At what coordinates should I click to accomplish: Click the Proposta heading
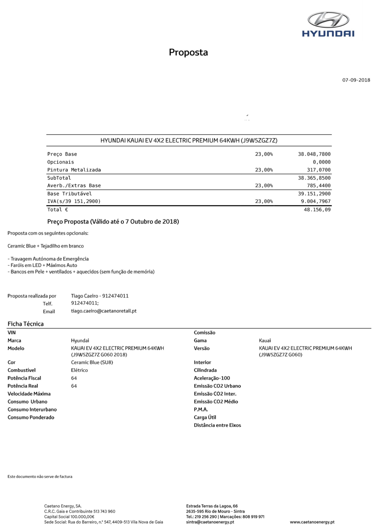coord(188,52)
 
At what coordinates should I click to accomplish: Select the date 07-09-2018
coord(356,80)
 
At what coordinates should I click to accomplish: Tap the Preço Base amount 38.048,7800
coord(314,154)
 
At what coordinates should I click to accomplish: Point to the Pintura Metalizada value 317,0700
coord(319,170)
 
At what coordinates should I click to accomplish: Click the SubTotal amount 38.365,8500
coord(314,178)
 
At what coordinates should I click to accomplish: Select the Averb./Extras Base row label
coord(74,186)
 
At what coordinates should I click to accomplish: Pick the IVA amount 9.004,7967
coord(316,201)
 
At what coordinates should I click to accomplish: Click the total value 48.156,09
coord(317,210)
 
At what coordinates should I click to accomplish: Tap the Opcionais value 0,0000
coord(321,162)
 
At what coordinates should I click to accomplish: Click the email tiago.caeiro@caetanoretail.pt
coord(104,311)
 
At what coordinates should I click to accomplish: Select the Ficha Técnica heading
coord(26,324)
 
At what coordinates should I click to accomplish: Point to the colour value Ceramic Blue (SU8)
coord(92,362)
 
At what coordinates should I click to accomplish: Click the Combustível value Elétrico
coord(79,370)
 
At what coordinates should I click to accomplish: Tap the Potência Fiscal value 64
coord(74,378)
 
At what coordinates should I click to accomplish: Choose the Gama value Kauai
coord(265,341)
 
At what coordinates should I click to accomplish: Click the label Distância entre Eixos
coord(217,425)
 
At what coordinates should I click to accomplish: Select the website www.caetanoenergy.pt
coord(312,522)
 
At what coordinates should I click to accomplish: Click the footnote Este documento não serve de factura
coord(40,477)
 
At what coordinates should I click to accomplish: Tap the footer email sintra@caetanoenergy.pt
coord(210,522)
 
